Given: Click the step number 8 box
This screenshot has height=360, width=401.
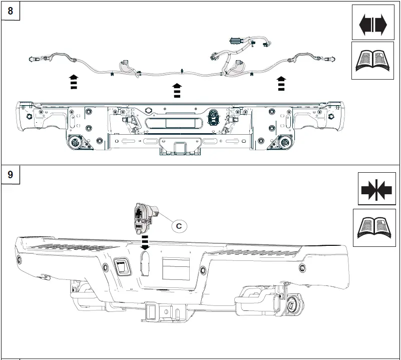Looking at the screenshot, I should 11,11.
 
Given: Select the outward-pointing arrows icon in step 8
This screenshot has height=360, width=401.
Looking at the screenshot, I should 373,23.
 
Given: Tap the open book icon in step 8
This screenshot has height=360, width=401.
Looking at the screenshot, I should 373,61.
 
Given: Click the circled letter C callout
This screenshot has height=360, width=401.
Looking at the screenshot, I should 179,226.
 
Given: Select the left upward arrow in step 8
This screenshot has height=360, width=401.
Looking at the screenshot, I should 74,81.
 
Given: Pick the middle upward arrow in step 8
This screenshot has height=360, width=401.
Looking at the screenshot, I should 176,90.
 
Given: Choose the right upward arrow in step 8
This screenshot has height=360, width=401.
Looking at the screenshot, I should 281,83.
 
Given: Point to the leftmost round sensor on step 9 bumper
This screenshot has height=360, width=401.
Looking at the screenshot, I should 20,259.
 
